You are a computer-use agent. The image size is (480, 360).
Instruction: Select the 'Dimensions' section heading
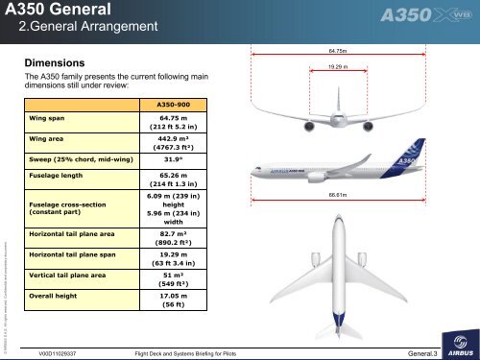66,60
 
